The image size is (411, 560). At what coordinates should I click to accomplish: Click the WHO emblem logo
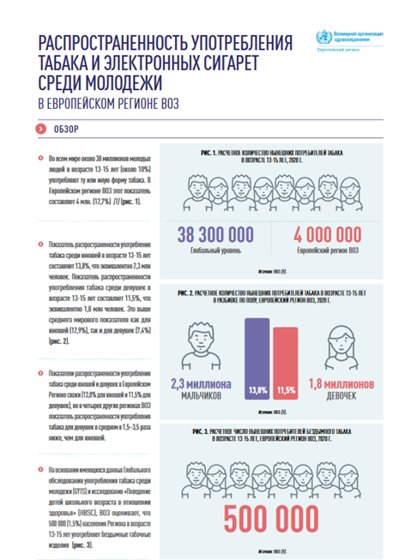(323, 38)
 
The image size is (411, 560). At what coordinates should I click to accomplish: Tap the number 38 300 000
(215, 236)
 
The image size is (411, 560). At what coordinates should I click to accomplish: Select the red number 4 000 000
(327, 236)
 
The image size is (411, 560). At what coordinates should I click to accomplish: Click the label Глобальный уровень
(215, 251)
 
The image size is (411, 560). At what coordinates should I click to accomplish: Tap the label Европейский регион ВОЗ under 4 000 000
(327, 251)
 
